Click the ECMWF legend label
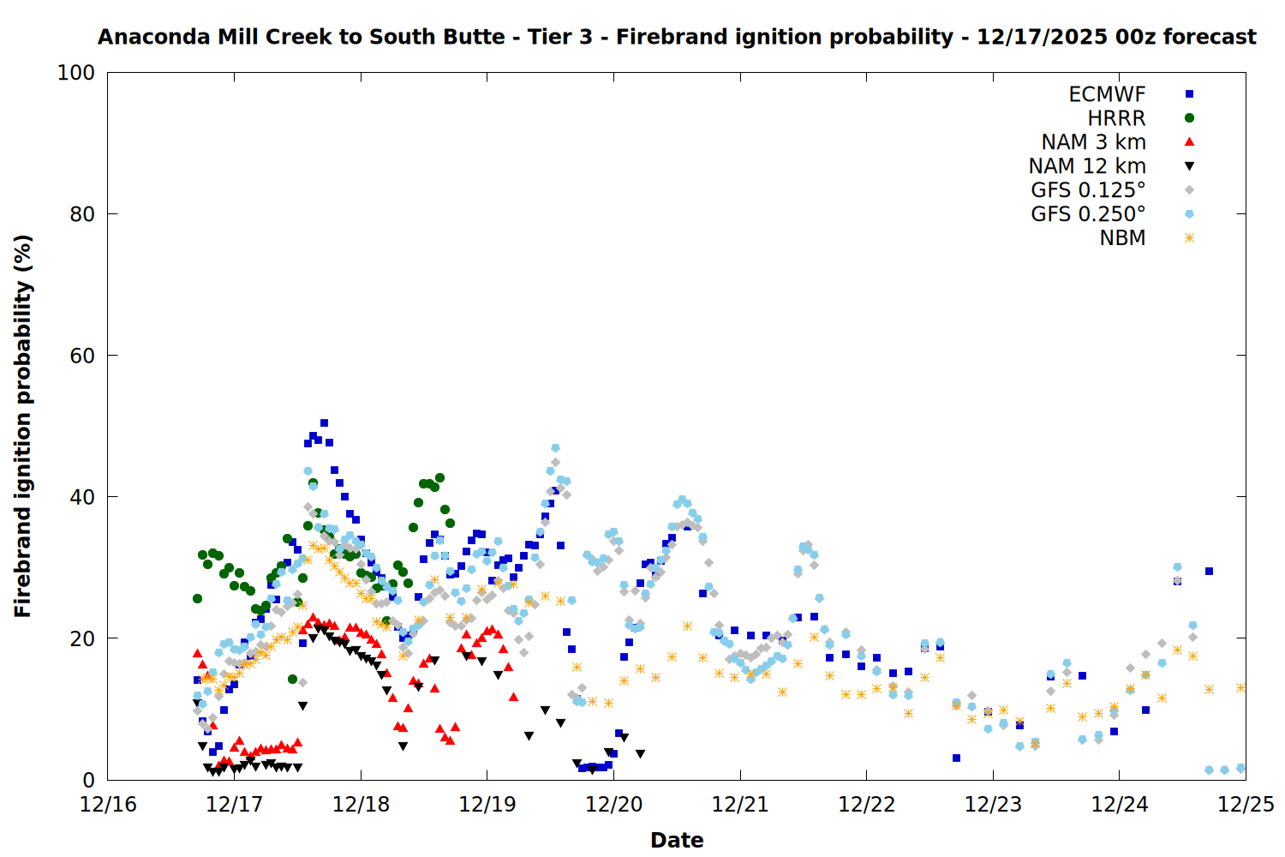pos(1107,94)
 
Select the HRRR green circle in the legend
pos(1189,118)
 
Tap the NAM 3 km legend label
pos(1093,142)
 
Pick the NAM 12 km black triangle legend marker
pos(1189,166)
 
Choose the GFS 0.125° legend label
pos(1088,190)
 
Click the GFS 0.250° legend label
pos(1088,214)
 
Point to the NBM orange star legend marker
pos(1189,238)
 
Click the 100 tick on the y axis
pos(76,73)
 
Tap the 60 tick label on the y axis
pos(82,356)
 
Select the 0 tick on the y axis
pos(89,780)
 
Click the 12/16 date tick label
pos(108,805)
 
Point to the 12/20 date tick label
pos(613,805)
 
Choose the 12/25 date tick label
pos(1246,805)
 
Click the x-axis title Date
pos(677,840)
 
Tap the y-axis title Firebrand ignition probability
pos(23,426)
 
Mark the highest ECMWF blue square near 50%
pos(324,423)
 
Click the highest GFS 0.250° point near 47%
pos(555,448)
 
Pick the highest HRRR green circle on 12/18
pos(439,478)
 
